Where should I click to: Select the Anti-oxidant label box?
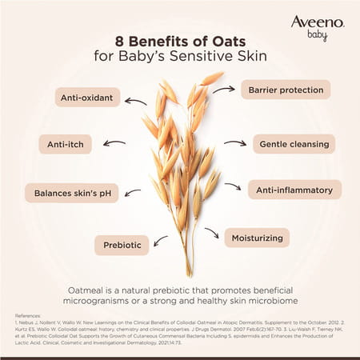(x=89, y=98)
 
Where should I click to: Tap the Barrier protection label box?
(x=286, y=89)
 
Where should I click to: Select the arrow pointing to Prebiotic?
(x=161, y=239)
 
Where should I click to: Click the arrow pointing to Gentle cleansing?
(x=234, y=144)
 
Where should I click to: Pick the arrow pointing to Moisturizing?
(x=211, y=233)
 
